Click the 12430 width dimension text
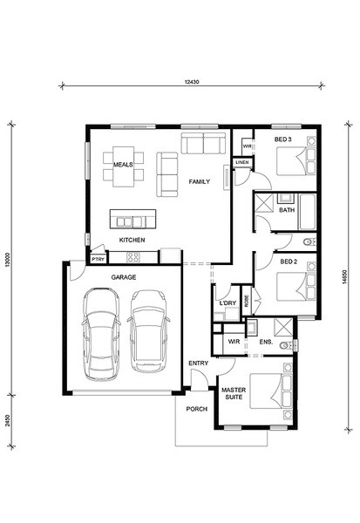(x=192, y=82)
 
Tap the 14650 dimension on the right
(x=344, y=277)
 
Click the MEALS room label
(x=123, y=165)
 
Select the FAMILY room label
(x=200, y=182)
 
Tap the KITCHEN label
(x=132, y=240)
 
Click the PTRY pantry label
(x=98, y=259)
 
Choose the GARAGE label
(x=124, y=277)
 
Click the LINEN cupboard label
(x=242, y=162)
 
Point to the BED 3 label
(x=283, y=139)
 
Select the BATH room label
(x=287, y=210)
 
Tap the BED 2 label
(x=289, y=261)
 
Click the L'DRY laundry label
(x=228, y=303)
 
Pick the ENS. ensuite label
(x=266, y=342)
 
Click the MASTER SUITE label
(x=234, y=394)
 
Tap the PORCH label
(x=196, y=409)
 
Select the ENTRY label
(x=198, y=363)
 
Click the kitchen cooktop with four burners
(x=133, y=257)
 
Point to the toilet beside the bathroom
(x=309, y=241)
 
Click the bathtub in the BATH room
(x=308, y=212)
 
